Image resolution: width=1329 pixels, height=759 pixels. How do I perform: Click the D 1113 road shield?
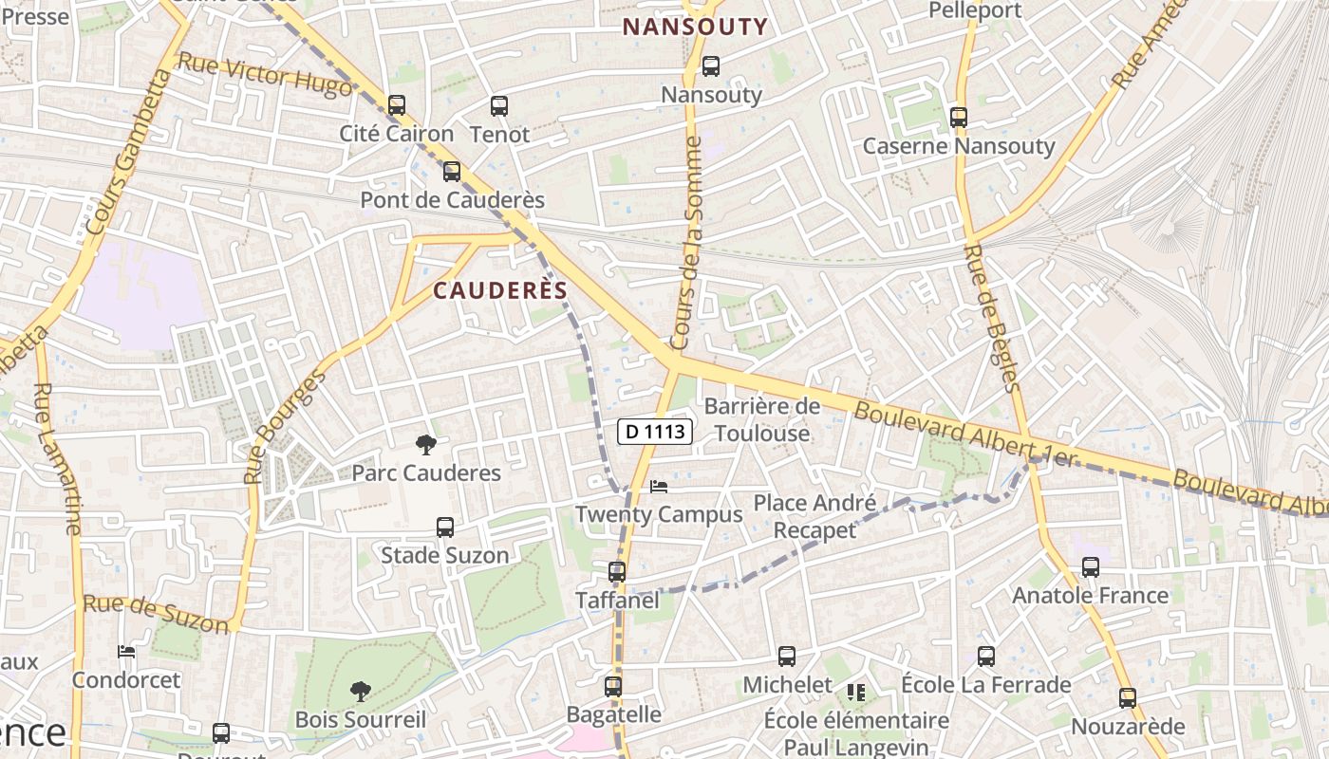pyautogui.click(x=655, y=432)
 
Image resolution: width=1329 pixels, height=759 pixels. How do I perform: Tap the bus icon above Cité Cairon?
pyautogui.click(x=397, y=105)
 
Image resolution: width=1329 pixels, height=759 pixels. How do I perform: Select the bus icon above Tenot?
pyautogui.click(x=499, y=106)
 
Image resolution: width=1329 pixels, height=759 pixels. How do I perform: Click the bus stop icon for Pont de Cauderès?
pyautogui.click(x=452, y=172)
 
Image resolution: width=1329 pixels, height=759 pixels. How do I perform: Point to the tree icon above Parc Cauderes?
pyautogui.click(x=426, y=444)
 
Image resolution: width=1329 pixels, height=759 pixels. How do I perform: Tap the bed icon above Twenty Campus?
pyautogui.click(x=659, y=487)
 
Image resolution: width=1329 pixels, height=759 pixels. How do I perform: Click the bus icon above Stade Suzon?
pyautogui.click(x=444, y=528)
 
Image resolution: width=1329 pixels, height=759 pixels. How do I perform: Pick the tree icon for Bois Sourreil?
pyautogui.click(x=360, y=691)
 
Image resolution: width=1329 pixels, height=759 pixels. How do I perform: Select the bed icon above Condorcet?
pyautogui.click(x=126, y=652)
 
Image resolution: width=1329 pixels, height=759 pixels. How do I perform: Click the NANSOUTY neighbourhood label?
pyautogui.click(x=695, y=28)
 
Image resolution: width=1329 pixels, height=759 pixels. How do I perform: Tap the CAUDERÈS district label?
pyautogui.click(x=500, y=291)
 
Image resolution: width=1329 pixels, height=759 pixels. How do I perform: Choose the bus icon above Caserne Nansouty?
pyautogui.click(x=959, y=118)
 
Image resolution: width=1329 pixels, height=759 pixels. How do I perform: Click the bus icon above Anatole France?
pyautogui.click(x=1091, y=567)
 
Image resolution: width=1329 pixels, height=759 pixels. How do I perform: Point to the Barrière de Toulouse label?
pyautogui.click(x=762, y=420)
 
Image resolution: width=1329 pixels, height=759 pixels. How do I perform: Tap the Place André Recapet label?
pyautogui.click(x=814, y=516)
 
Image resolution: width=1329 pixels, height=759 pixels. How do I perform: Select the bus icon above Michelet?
pyautogui.click(x=787, y=657)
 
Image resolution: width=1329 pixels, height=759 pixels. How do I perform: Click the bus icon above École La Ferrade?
pyautogui.click(x=986, y=656)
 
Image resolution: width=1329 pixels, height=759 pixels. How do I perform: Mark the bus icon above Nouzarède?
pyautogui.click(x=1128, y=698)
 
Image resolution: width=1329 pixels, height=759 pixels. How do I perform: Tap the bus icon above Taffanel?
pyautogui.click(x=617, y=572)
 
